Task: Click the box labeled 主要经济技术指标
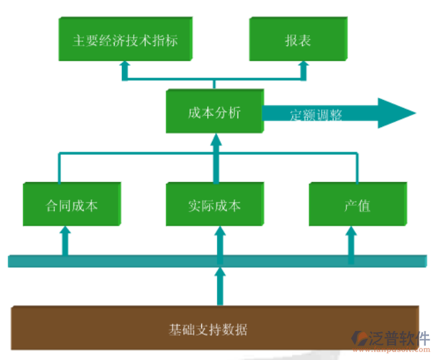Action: [124, 40]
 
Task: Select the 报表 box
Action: [298, 40]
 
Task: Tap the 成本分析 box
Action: [214, 112]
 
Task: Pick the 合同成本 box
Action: [72, 205]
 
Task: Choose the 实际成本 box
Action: [214, 205]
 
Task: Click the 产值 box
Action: [356, 205]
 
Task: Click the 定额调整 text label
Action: [316, 115]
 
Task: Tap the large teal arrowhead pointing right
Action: [396, 113]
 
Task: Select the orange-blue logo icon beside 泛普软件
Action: [363, 339]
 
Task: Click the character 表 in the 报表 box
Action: [305, 40]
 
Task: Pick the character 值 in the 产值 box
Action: [363, 205]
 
